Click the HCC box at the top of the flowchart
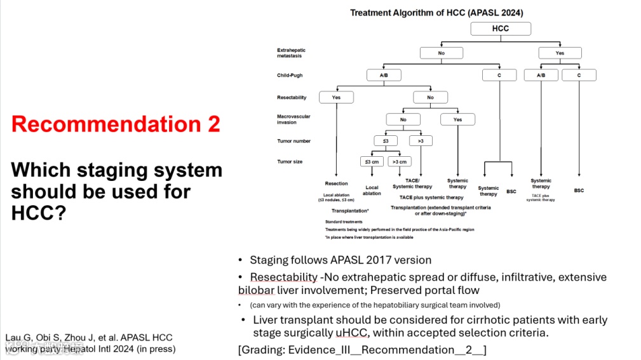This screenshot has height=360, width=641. [x=500, y=29]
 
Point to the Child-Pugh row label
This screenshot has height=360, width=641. [x=290, y=75]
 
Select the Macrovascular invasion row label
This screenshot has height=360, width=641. [x=294, y=119]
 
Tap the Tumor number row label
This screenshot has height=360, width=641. [x=294, y=141]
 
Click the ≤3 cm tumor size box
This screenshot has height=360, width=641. [x=372, y=161]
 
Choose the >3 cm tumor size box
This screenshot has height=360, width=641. [x=400, y=161]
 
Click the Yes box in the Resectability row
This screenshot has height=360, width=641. [x=335, y=98]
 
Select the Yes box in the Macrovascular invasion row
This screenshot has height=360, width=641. [x=457, y=119]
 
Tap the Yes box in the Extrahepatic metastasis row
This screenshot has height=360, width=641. [x=559, y=53]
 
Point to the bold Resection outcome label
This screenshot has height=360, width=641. [x=336, y=183]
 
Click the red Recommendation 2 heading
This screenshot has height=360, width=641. [x=116, y=124]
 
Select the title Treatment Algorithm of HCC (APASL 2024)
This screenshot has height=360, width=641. [x=436, y=13]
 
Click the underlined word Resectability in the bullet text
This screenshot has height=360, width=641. [x=283, y=277]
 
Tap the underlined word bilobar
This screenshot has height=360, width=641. [x=257, y=291]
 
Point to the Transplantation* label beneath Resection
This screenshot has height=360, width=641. [x=350, y=210]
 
